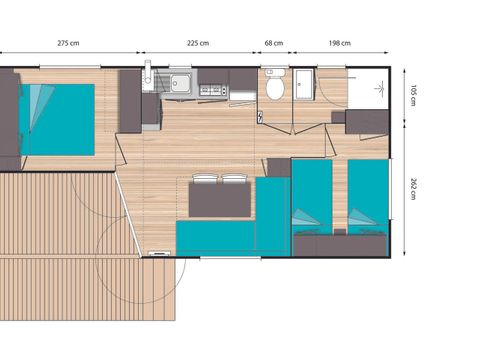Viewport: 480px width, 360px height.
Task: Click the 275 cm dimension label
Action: [68, 43]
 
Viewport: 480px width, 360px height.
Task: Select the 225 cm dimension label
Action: [198, 43]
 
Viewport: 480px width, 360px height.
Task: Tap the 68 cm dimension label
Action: [272, 43]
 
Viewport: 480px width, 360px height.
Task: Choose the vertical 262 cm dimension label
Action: [411, 189]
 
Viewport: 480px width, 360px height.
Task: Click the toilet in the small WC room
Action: [275, 88]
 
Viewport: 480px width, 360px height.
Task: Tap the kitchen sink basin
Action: [182, 84]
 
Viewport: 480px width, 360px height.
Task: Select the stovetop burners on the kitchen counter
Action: [213, 90]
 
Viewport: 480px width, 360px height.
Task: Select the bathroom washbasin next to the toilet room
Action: [304, 85]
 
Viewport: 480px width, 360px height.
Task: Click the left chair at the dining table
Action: [204, 180]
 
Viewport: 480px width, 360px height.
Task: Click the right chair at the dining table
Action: [234, 180]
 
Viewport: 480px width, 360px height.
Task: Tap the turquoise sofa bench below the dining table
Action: [215, 238]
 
